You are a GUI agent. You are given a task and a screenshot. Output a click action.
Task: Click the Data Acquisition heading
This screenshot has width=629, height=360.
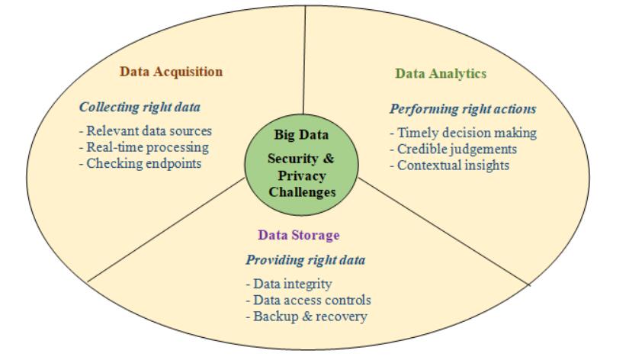[171, 72]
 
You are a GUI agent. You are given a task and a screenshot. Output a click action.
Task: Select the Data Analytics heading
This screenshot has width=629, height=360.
[441, 73]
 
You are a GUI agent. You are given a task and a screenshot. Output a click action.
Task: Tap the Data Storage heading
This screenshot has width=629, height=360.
[298, 235]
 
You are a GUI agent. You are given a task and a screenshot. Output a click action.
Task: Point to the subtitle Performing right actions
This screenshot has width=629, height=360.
[463, 108]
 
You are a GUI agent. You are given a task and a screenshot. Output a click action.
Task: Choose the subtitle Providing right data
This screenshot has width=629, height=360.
[305, 259]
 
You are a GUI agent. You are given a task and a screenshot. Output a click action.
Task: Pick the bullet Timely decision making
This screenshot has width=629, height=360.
[463, 133]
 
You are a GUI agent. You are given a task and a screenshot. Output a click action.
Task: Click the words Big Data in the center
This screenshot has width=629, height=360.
[301, 136]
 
